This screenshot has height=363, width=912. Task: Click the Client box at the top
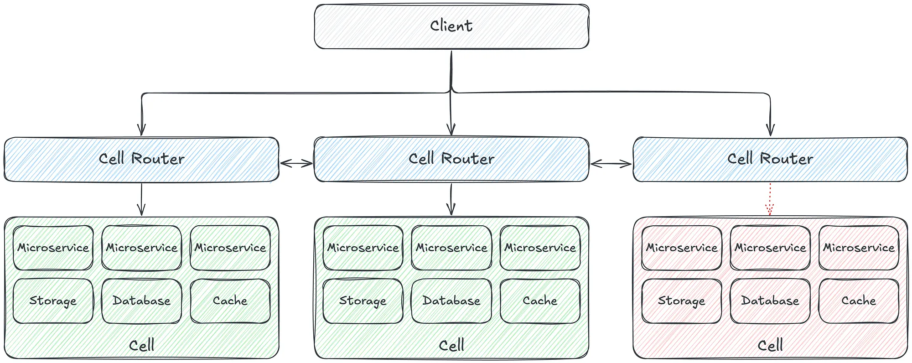(451, 26)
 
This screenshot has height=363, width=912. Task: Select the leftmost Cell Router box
(141, 159)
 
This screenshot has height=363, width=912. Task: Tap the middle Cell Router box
(451, 159)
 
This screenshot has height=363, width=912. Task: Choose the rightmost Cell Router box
(770, 159)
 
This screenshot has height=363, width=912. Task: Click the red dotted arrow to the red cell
(770, 199)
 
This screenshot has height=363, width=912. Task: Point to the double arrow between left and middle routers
(296, 163)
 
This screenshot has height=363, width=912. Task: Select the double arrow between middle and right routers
(611, 163)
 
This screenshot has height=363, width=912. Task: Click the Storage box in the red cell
(681, 301)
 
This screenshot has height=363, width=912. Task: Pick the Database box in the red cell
(770, 301)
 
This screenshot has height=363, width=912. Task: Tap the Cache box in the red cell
(859, 301)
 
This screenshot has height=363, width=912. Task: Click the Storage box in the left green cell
(53, 301)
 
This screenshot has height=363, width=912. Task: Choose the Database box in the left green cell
(141, 301)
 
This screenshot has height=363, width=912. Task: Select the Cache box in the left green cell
(230, 301)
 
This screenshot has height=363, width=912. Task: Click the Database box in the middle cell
(451, 301)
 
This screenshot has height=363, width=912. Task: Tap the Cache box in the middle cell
(540, 301)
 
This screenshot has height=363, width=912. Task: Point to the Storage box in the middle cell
(363, 301)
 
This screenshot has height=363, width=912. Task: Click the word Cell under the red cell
(770, 345)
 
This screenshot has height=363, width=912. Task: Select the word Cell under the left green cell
(141, 345)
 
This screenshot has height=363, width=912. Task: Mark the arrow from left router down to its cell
(141, 199)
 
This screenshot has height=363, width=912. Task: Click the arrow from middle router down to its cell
(451, 199)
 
